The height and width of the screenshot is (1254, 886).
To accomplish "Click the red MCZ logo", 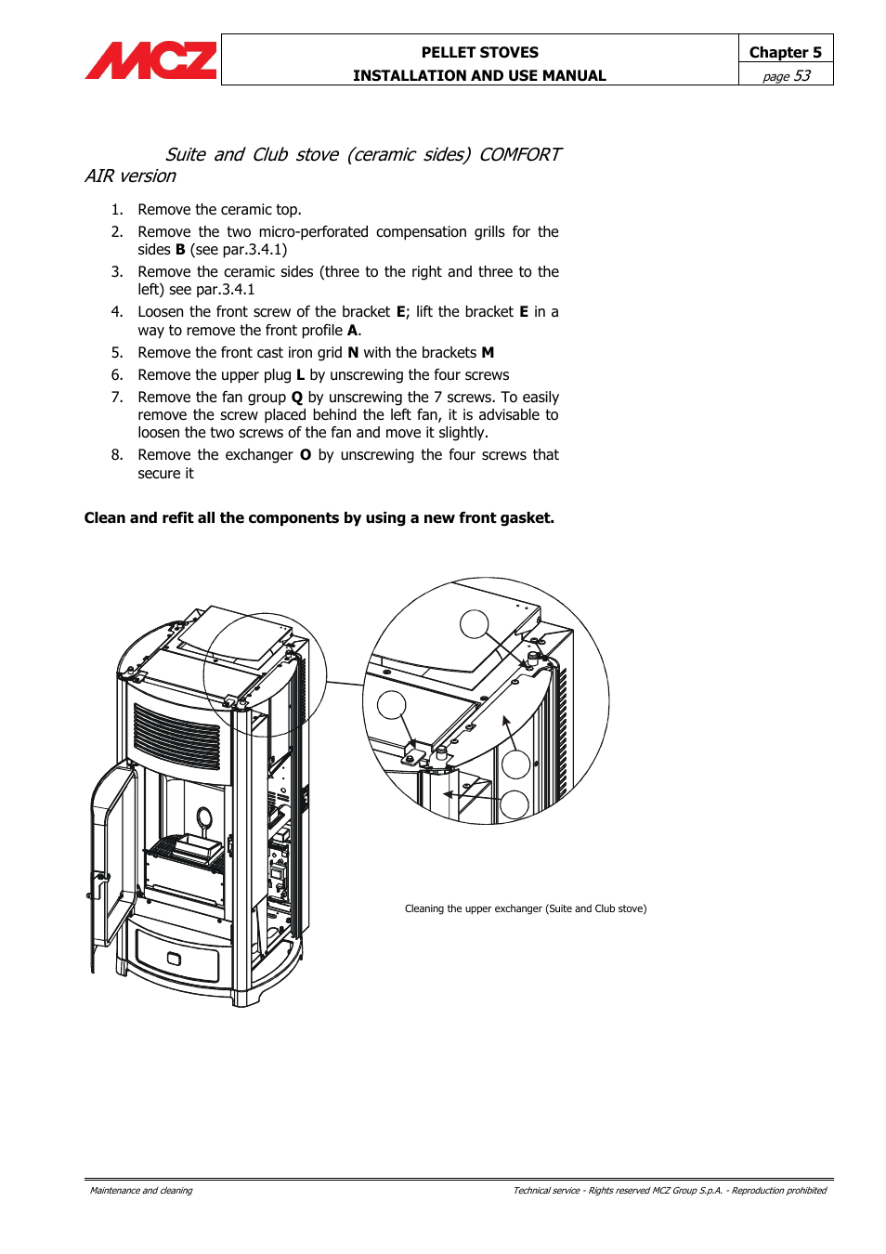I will [151, 60].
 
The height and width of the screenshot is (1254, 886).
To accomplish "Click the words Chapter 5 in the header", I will [785, 53].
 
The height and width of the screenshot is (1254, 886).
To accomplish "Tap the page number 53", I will [801, 76].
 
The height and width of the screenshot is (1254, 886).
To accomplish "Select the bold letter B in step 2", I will [180, 250].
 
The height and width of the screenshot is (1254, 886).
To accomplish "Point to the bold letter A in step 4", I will [352, 331].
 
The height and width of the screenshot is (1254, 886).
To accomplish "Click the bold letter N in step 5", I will [353, 353].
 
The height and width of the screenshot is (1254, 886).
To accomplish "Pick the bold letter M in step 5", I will [488, 353].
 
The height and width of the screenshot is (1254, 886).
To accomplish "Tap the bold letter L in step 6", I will [300, 375].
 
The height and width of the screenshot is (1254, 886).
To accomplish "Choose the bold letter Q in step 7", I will [297, 398].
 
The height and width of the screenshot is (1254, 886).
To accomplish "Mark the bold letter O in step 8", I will [306, 455].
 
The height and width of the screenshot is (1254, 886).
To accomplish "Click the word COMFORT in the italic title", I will [520, 154].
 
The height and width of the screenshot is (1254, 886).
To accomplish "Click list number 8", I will [116, 455].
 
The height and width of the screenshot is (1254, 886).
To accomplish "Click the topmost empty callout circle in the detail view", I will [475, 624].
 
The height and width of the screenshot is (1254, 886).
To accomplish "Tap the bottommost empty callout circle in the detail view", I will [515, 804].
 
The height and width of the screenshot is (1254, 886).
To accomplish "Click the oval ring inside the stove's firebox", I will [204, 818].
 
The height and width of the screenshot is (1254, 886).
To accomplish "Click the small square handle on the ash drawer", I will [174, 959].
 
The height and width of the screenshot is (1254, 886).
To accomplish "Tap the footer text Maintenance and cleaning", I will [141, 1191].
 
